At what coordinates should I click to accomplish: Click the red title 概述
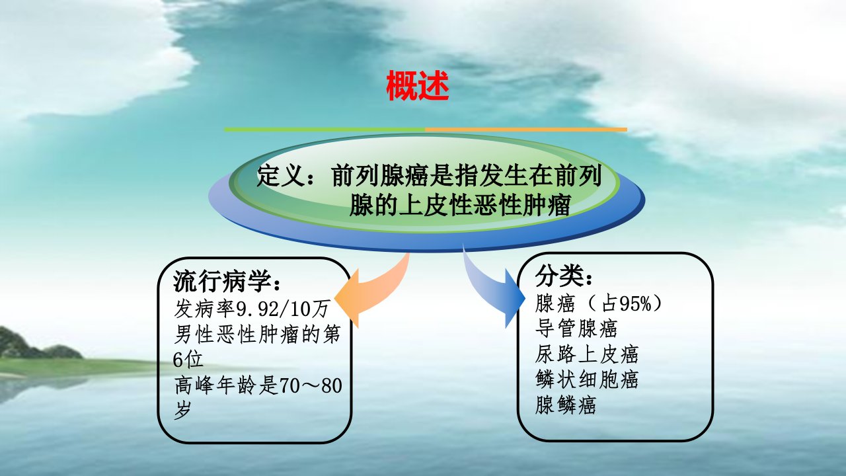pyautogui.click(x=417, y=86)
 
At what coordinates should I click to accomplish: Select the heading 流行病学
pyautogui.click(x=222, y=281)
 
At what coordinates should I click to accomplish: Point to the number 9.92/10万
pyautogui.click(x=282, y=309)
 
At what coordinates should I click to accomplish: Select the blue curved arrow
pyautogui.click(x=494, y=286)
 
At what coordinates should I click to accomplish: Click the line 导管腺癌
pyautogui.click(x=576, y=329)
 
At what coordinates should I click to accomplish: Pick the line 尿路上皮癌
pyautogui.click(x=586, y=354)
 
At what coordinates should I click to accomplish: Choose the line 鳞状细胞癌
pyautogui.click(x=586, y=379)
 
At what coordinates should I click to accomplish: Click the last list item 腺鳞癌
pyautogui.click(x=565, y=405)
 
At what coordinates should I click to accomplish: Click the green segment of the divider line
pyautogui.click(x=325, y=130)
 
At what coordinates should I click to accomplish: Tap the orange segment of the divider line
pyautogui.click(x=526, y=130)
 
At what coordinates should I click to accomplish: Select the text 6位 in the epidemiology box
pyautogui.click(x=188, y=360)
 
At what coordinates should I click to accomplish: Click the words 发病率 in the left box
pyautogui.click(x=204, y=309)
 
